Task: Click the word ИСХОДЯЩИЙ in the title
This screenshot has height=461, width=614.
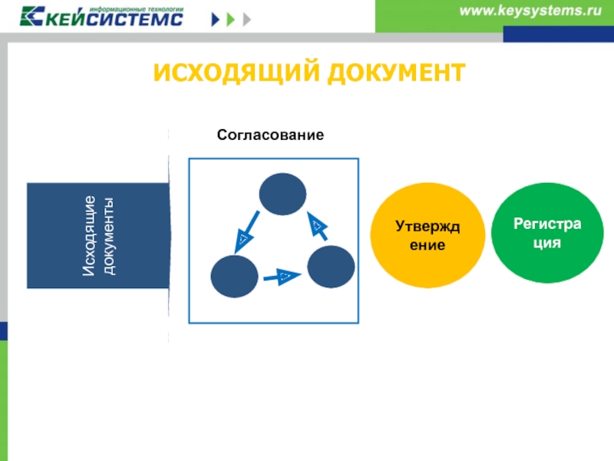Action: click(237, 73)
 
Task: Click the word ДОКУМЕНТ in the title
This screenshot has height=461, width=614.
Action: click(397, 73)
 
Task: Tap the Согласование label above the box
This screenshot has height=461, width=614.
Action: click(271, 135)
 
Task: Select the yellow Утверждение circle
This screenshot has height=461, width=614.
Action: click(427, 235)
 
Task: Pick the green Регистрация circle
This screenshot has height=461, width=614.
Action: click(547, 233)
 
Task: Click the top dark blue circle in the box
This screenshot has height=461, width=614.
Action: click(282, 194)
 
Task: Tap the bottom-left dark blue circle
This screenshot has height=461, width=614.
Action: click(234, 277)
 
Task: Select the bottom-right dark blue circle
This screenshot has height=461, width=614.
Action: click(331, 267)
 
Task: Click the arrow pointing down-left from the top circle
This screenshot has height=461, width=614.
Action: click(246, 232)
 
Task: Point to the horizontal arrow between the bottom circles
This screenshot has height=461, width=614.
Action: click(282, 277)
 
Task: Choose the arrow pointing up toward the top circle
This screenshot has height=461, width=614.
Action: click(317, 226)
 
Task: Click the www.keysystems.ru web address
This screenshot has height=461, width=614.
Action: click(530, 11)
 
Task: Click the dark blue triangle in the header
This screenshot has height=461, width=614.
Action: click(216, 19)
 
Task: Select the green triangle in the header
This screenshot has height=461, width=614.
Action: click(231, 19)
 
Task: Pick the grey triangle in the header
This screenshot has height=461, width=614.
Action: click(246, 19)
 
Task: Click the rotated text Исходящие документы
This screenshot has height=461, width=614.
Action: click(99, 236)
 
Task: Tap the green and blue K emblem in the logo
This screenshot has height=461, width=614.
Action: click(32, 16)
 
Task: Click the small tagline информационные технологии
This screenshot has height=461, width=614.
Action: click(137, 9)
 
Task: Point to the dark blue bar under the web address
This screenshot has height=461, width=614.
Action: click(559, 34)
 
